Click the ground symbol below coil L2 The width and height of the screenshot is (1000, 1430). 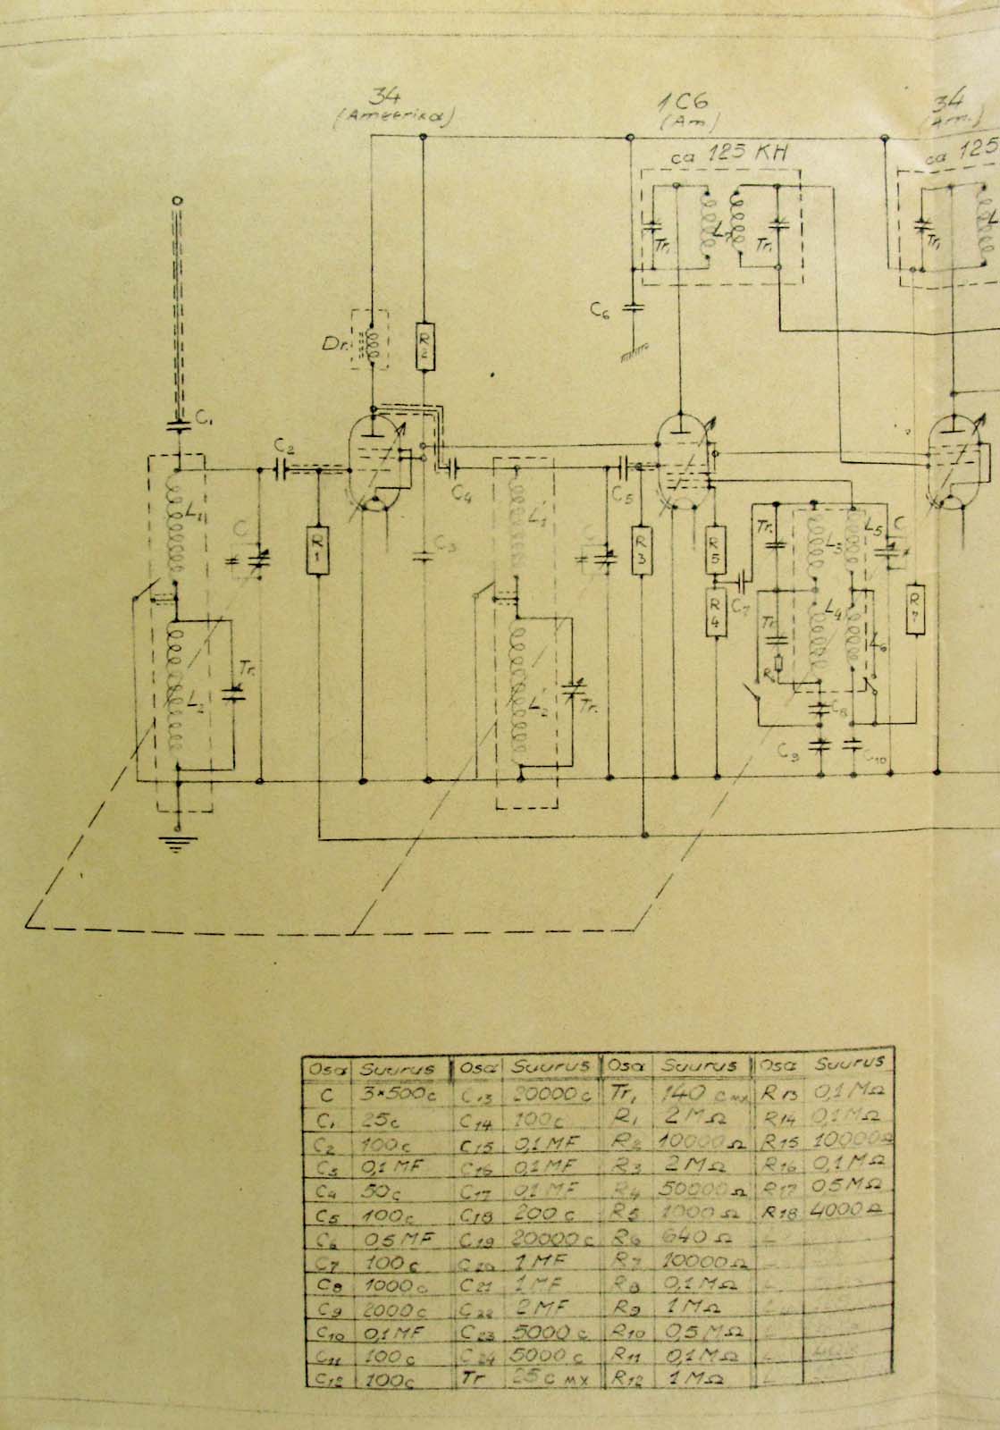point(178,842)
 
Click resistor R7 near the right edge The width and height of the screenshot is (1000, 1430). point(915,608)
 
